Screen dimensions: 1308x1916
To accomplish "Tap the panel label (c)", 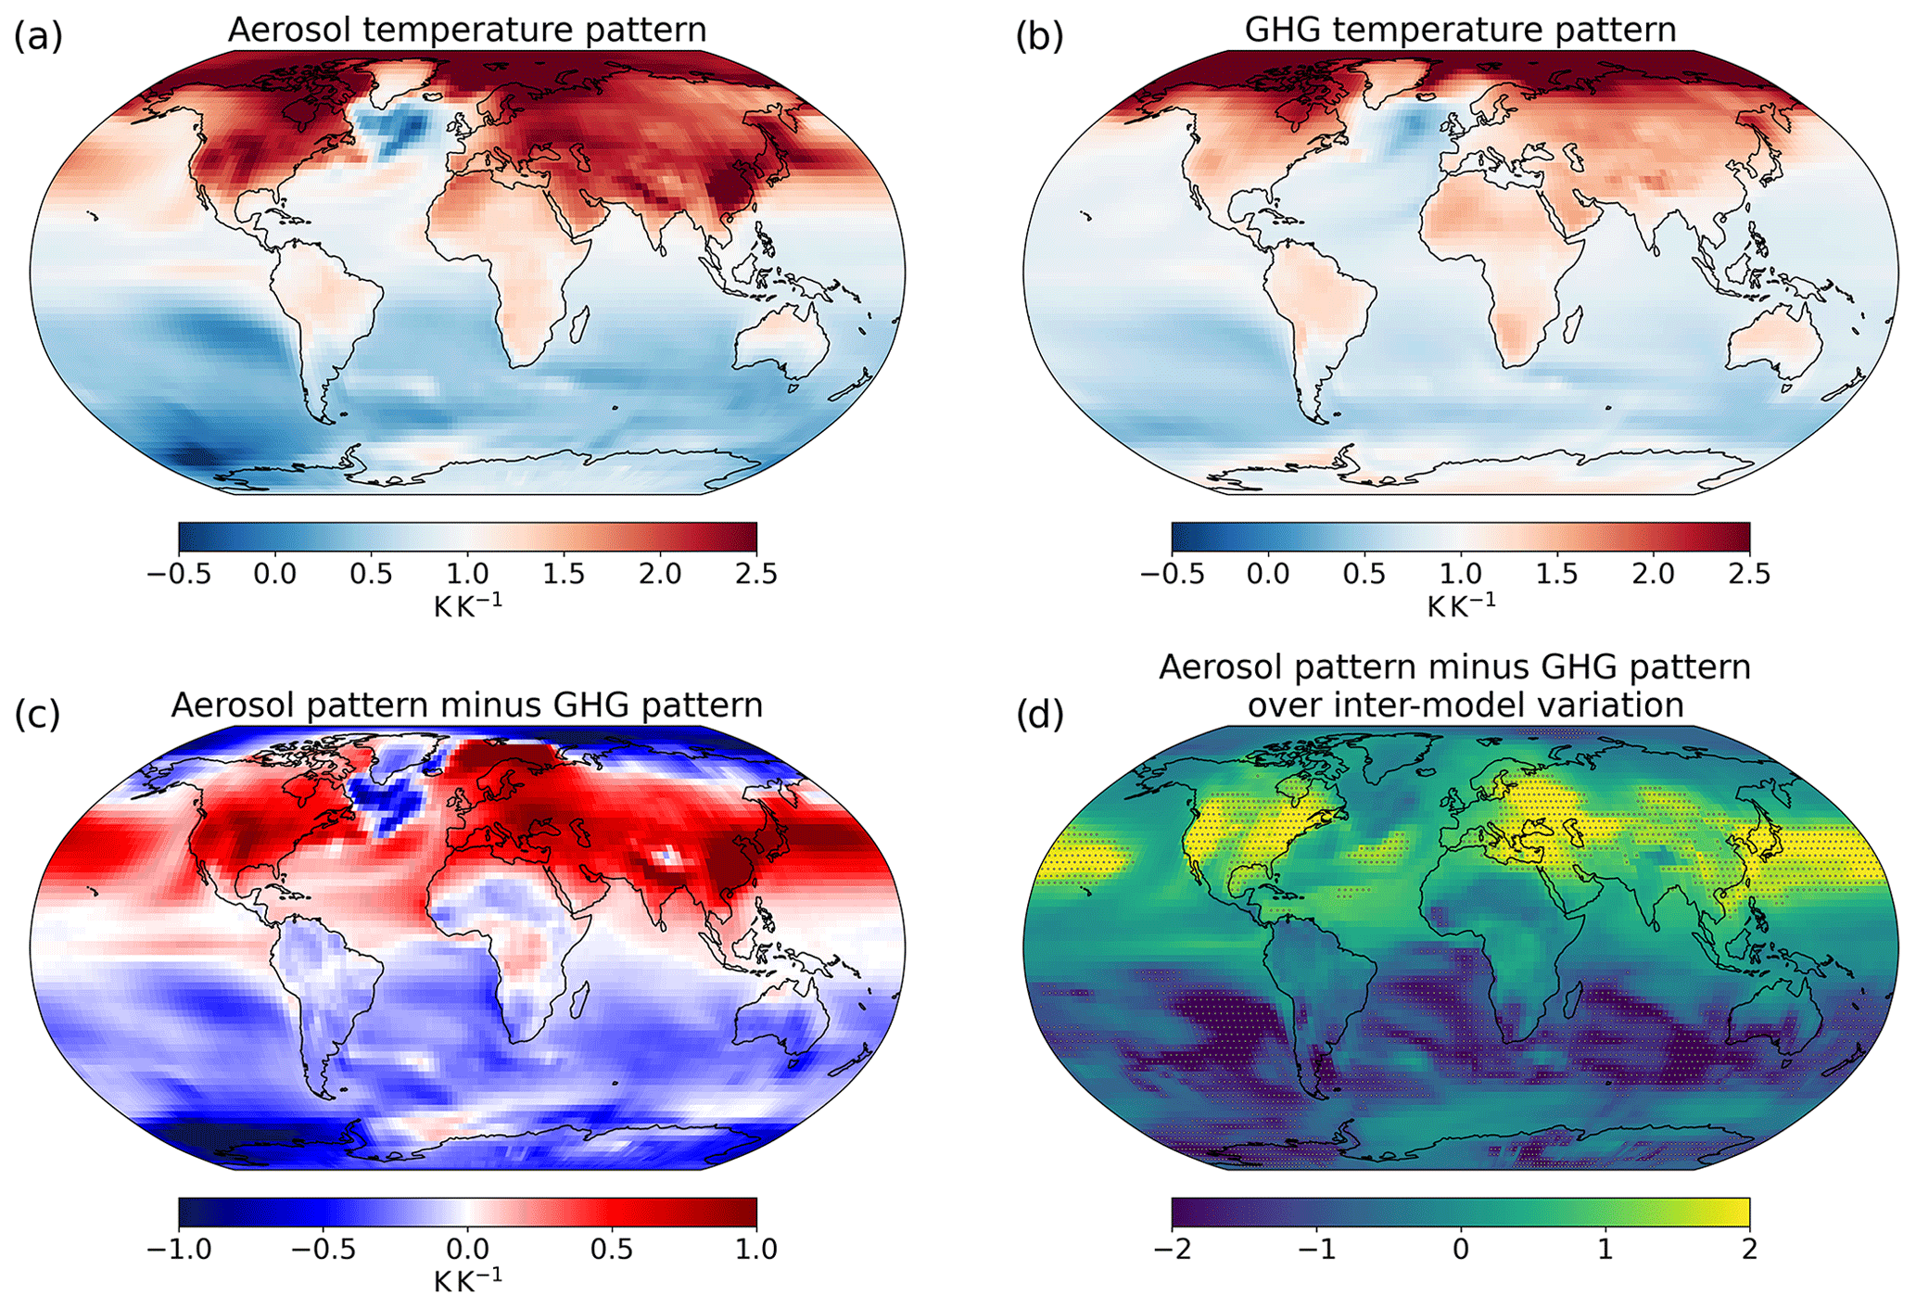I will (x=38, y=715).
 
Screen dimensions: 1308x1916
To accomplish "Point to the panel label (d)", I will (x=1039, y=715).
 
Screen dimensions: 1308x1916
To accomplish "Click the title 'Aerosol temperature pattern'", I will (x=467, y=30).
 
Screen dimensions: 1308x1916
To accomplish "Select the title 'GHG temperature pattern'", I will (x=1460, y=30).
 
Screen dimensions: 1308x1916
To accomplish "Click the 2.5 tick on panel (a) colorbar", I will (x=756, y=574).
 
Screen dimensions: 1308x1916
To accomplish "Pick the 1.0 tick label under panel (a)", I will (x=467, y=574).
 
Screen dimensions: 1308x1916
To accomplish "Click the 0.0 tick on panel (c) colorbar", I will (x=467, y=1249).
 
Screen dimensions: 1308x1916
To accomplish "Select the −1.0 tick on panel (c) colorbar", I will (x=179, y=1249).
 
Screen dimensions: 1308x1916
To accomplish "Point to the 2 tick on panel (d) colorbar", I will (x=1749, y=1249).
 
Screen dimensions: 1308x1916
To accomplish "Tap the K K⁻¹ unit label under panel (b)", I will (x=1460, y=606).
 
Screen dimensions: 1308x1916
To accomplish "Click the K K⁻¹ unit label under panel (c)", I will (x=467, y=1281).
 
